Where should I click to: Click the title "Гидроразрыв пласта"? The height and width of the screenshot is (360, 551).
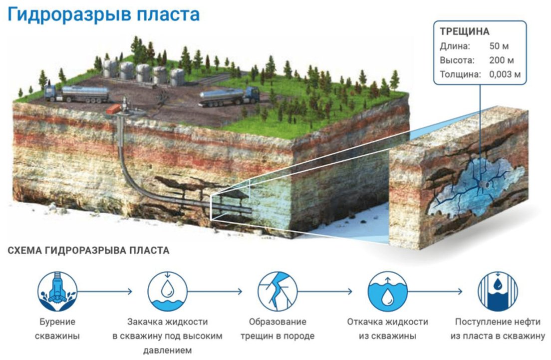coord(104,14)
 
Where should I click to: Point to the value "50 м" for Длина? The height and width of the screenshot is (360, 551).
coord(499,47)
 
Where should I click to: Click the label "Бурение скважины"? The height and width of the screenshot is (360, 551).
coord(57,329)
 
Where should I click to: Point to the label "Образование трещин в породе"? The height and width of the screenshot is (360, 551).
coord(277,329)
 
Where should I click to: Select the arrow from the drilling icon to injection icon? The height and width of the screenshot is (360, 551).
coord(105,291)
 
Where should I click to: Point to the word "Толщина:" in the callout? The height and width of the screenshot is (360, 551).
coord(460,75)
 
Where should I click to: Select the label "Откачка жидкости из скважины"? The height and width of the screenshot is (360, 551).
coord(387,329)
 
